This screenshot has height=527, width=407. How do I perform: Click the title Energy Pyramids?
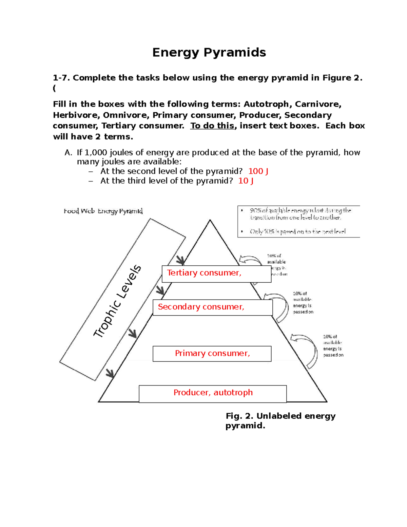tap(209, 53)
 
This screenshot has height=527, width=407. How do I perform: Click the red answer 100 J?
tap(258, 171)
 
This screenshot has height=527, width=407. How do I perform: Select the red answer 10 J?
tap(246, 181)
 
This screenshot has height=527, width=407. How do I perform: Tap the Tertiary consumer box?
tap(216, 274)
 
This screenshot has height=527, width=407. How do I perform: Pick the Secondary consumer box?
tap(213, 307)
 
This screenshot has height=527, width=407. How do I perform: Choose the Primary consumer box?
tap(212, 354)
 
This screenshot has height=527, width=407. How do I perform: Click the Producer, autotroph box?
tap(213, 393)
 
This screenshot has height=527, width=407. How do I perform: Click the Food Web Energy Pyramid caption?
tap(103, 211)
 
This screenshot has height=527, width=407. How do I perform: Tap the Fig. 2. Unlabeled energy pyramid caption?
tap(280, 420)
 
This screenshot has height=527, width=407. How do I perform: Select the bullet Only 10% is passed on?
tap(297, 231)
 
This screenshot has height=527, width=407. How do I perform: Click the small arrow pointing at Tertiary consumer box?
tap(180, 260)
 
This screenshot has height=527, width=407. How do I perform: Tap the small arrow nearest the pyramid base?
tap(110, 373)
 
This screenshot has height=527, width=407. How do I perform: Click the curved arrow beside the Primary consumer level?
tap(305, 350)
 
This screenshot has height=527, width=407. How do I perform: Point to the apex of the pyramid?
tap(210, 221)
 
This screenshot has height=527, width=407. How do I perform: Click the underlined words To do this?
tap(212, 126)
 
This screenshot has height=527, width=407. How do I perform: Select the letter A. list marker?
tap(68, 153)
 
